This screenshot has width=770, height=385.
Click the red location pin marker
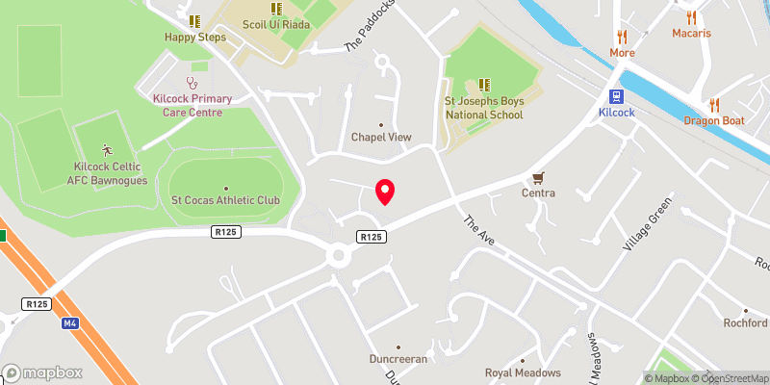tap(385, 192)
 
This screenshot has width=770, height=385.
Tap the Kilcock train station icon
tap(617, 96)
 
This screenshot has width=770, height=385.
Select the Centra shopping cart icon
tap(539, 178)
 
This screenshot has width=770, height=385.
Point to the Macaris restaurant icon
tap(691, 17)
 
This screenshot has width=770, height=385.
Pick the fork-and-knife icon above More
tap(622, 38)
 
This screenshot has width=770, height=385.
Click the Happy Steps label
tap(194, 38)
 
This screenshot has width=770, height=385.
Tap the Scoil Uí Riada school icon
tap(274, 9)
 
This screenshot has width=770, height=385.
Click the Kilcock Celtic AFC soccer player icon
tap(106, 150)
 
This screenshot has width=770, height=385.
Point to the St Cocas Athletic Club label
tap(225, 200)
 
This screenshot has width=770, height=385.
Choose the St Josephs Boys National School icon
tap(484, 85)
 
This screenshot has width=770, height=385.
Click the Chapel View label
tap(381, 137)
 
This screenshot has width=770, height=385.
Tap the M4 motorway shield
tap(70, 323)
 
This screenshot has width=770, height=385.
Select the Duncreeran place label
tap(398, 358)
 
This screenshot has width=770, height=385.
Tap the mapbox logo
tap(41, 372)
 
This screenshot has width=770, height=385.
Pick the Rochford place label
tap(746, 323)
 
